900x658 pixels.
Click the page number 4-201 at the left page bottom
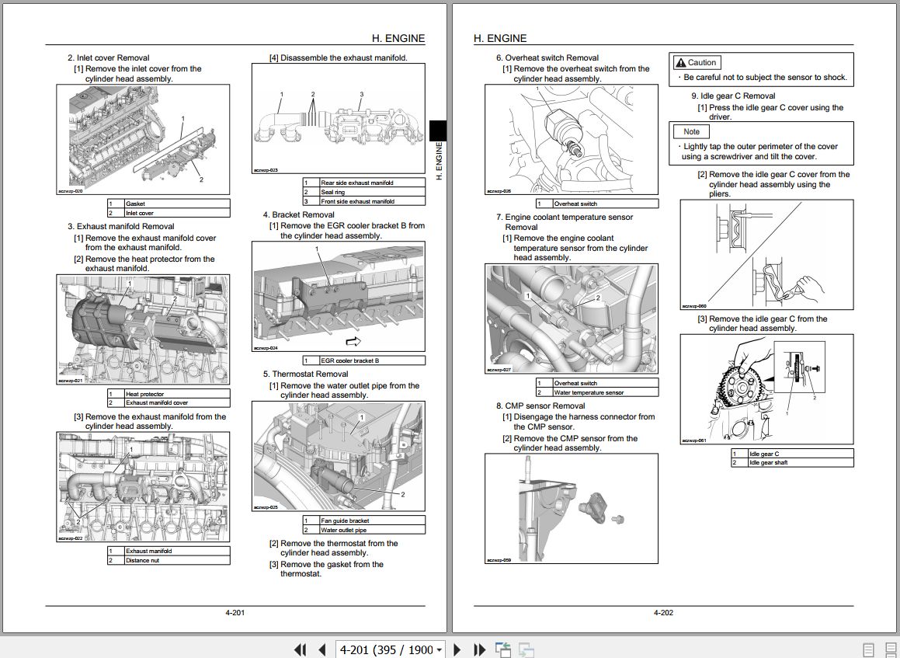pos(235,613)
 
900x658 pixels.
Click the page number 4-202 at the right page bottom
pos(663,613)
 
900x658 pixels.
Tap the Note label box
pos(691,132)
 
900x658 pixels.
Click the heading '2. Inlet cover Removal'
pos(108,57)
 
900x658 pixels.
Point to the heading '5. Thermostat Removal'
pos(305,374)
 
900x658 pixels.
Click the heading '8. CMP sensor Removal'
pos(540,406)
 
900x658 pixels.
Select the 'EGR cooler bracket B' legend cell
pos(372,360)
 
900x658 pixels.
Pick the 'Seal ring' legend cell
pos(372,192)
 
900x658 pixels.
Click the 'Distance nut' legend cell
pos(177,560)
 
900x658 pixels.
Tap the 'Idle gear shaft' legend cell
pos(800,463)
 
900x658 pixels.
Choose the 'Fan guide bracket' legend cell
pos(372,520)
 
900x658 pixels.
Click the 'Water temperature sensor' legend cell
pos(605,392)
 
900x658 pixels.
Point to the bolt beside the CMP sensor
pos(619,518)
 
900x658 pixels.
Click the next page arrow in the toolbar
pos(457,649)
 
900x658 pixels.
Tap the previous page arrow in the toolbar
pos(321,649)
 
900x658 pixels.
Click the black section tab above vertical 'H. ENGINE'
pos(438,130)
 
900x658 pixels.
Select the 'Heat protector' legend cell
pos(177,394)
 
